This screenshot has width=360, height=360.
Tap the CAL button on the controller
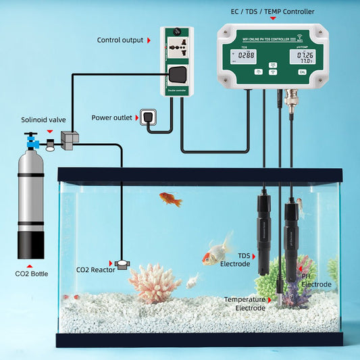pos(302,71)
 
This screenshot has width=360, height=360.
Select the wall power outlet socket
pos(149,118)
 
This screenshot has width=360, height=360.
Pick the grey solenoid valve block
pos(69,138)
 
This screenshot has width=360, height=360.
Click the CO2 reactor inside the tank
pos(122,263)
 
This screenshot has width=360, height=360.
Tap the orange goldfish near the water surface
pos(170,199)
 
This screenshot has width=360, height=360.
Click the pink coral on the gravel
pos(155,282)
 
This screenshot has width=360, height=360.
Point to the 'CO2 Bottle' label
pos(31,274)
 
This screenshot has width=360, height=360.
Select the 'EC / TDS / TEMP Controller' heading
pos(274,11)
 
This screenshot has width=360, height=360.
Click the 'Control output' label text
pos(120,40)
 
